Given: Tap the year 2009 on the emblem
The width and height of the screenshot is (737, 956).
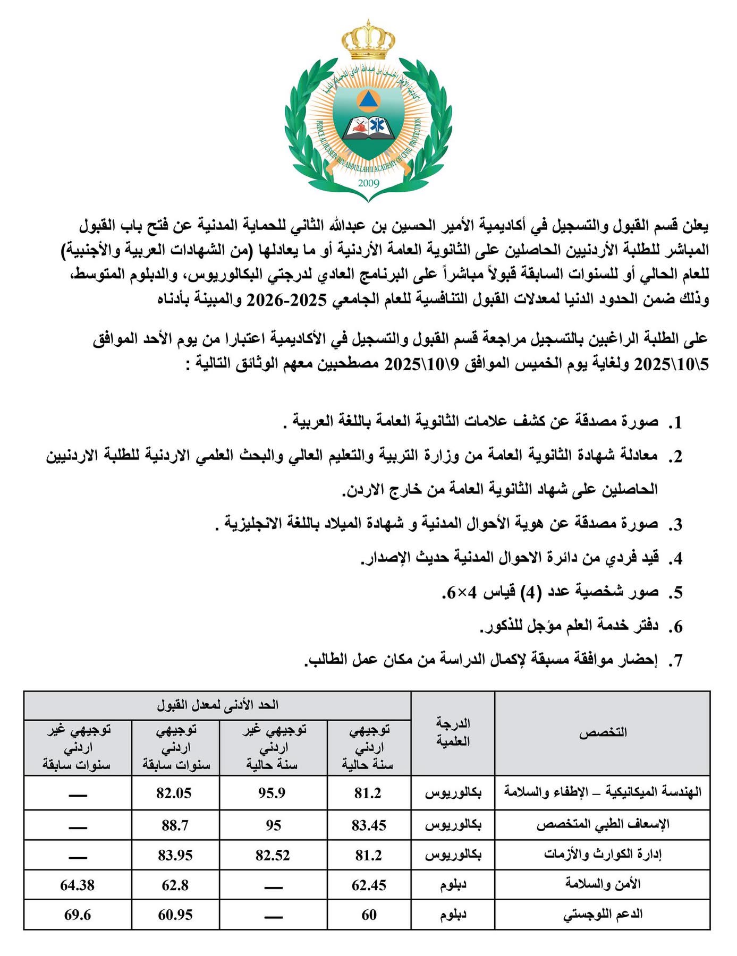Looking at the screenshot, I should [368, 183].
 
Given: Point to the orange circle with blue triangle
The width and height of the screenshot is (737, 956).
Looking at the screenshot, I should [368, 100].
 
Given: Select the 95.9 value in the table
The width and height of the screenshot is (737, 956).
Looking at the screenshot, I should [272, 793].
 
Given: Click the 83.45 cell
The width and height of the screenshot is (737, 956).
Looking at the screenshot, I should [369, 825].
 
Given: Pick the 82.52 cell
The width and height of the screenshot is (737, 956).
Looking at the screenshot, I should [272, 855].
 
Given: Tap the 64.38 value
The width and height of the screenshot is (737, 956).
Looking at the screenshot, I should [78, 885].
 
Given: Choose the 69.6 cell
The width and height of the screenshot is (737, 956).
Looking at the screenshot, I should [78, 915].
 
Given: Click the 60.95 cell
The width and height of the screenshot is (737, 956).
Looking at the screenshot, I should [175, 915].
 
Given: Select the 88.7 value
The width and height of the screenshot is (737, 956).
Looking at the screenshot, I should [175, 825].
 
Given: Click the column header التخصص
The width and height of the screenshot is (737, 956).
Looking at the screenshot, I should [603, 733].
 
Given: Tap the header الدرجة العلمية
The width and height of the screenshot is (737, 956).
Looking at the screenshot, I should [453, 732].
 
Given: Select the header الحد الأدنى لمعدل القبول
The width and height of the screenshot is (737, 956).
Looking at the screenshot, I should [217, 705].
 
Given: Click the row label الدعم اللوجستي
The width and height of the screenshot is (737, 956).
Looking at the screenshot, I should [603, 915].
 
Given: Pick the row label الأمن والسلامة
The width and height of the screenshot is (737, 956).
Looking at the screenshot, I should [603, 885].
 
